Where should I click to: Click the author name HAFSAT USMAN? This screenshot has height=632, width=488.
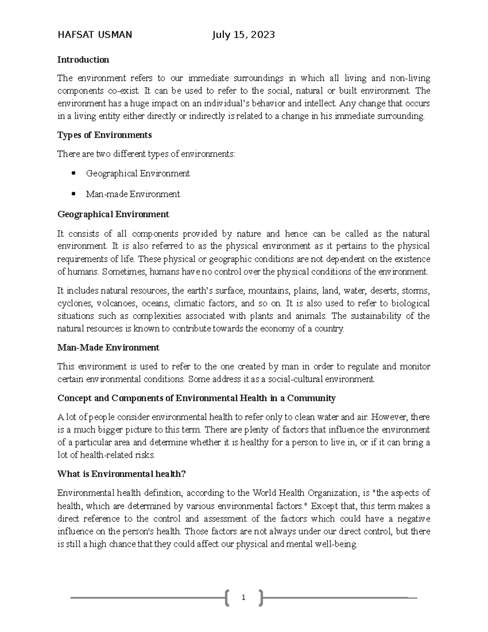95,35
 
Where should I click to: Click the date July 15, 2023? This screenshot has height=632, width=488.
243,35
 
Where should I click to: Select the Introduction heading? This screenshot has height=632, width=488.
83,60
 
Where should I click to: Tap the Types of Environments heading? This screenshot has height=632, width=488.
105,135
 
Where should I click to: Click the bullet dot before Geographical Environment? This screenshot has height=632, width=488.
74,173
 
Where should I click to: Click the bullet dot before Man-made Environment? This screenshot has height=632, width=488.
74,194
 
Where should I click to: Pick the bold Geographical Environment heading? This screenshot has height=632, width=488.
113,214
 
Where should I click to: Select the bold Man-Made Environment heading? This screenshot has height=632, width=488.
108,348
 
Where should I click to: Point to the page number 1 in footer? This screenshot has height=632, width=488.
243,597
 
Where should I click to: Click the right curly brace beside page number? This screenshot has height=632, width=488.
260,597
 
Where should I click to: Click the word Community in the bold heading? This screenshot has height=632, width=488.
311,398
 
